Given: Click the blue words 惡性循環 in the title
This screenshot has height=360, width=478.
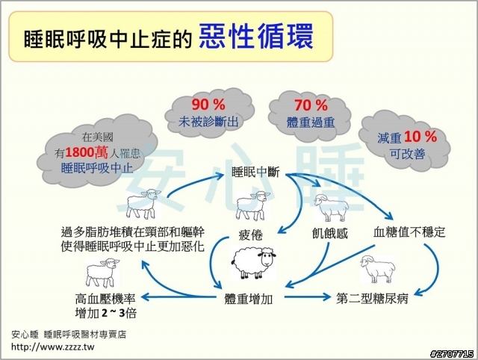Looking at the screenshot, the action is point(256,37).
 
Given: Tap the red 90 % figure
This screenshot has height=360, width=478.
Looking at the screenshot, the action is point(208,105).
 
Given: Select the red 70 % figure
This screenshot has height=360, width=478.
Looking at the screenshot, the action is point(311,105).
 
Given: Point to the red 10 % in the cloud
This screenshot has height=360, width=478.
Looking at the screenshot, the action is point(420,137).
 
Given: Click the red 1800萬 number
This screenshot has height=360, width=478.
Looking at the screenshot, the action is point(87,152).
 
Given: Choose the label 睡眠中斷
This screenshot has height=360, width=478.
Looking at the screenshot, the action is point(255,173).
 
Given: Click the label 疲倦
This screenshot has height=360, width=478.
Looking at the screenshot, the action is point(251,235).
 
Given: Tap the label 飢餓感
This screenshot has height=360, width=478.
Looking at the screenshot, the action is point(330,234).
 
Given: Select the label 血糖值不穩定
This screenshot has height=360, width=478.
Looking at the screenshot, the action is point(409,232).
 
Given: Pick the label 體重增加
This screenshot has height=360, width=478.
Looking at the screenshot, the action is point(249,299).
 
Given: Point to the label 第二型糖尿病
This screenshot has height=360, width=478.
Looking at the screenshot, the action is point(372,299).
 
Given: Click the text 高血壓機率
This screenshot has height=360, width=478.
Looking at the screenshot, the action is point(105,299).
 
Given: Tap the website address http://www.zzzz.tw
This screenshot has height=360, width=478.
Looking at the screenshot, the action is point(53,347).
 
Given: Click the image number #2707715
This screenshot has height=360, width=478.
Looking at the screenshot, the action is point(452,354).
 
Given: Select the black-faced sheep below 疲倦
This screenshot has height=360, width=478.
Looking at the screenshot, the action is point(254,263).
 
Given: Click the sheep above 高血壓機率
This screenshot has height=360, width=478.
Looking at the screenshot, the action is point(103,273).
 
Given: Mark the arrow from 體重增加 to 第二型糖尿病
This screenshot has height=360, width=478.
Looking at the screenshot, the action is point(307,297).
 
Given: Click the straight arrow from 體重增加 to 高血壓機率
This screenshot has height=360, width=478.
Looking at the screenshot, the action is point(178,297).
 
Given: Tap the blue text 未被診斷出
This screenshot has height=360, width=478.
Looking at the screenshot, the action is point(208,122).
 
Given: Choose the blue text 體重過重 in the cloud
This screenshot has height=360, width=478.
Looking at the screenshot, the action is point(311,122).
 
